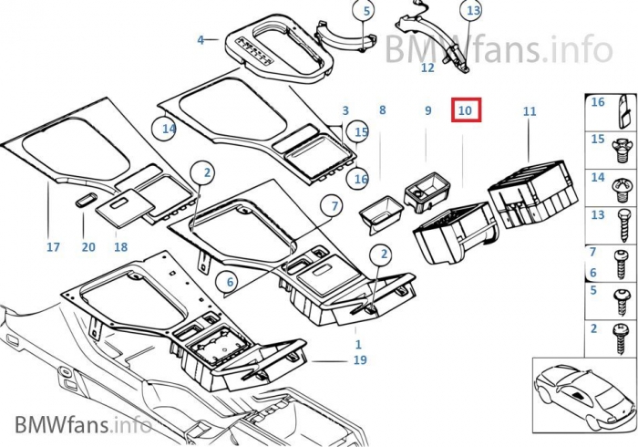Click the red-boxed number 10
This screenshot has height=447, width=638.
tap(465, 110)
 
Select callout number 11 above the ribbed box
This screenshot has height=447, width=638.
tap(530, 111)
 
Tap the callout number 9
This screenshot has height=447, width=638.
tap(427, 111)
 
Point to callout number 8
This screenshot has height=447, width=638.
tap(383, 110)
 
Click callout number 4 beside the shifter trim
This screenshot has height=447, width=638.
tap(201, 40)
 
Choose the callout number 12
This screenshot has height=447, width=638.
tap(427, 68)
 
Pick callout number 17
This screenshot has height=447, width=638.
tap(53, 246)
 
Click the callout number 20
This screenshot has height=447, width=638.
tap(88, 246)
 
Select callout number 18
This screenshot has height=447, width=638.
tap(120, 246)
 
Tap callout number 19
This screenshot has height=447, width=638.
tap(360, 361)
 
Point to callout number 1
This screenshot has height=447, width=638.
tap(358, 344)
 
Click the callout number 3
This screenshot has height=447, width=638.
tap(345, 110)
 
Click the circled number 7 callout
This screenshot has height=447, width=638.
tap(334, 206)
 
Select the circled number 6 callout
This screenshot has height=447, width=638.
tap(231, 282)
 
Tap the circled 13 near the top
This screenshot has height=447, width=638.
tap(471, 11)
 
